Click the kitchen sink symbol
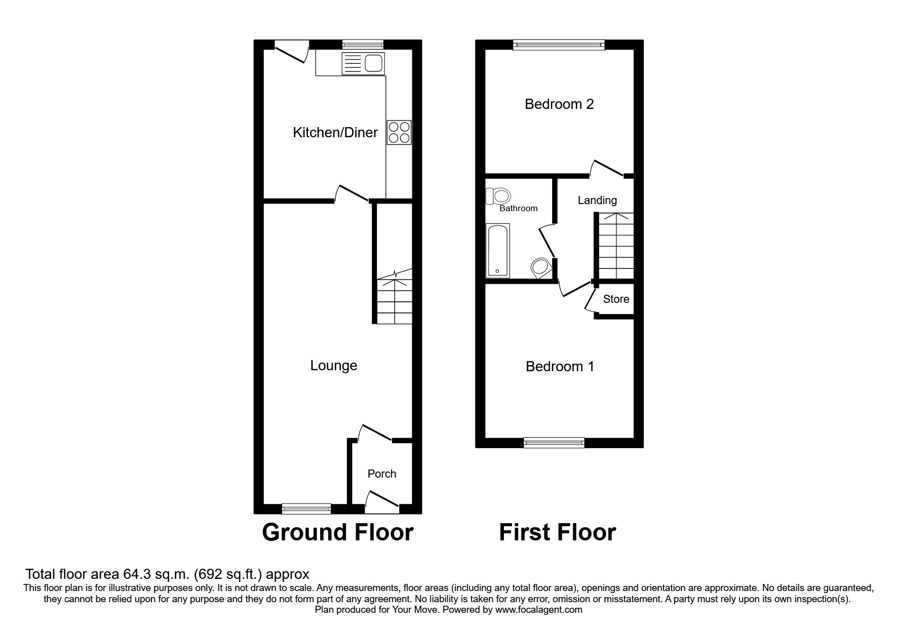[x=363, y=64]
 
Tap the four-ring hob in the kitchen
[x=399, y=132]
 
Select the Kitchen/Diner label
[x=335, y=133]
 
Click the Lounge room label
[x=334, y=366]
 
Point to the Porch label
[x=382, y=474]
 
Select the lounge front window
[x=306, y=508]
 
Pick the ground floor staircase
[x=395, y=301]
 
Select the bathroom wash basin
[x=540, y=268]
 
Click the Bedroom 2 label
[x=559, y=104]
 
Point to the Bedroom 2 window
[x=559, y=45]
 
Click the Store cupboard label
[x=616, y=299]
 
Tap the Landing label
[x=597, y=201]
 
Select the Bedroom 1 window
[x=554, y=443]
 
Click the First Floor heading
[x=557, y=533]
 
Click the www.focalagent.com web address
[x=538, y=610]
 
